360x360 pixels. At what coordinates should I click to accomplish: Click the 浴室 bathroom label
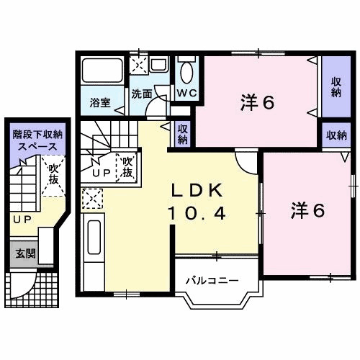coord(100,103)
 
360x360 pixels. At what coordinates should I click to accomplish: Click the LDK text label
coord(199,190)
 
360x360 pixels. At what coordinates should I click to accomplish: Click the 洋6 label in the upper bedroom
coord(257,103)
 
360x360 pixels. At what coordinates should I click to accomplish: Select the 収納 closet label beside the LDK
coord(183,135)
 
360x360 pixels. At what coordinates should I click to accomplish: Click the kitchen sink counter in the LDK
coord(94,244)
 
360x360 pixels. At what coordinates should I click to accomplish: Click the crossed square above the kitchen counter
coord(92,197)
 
